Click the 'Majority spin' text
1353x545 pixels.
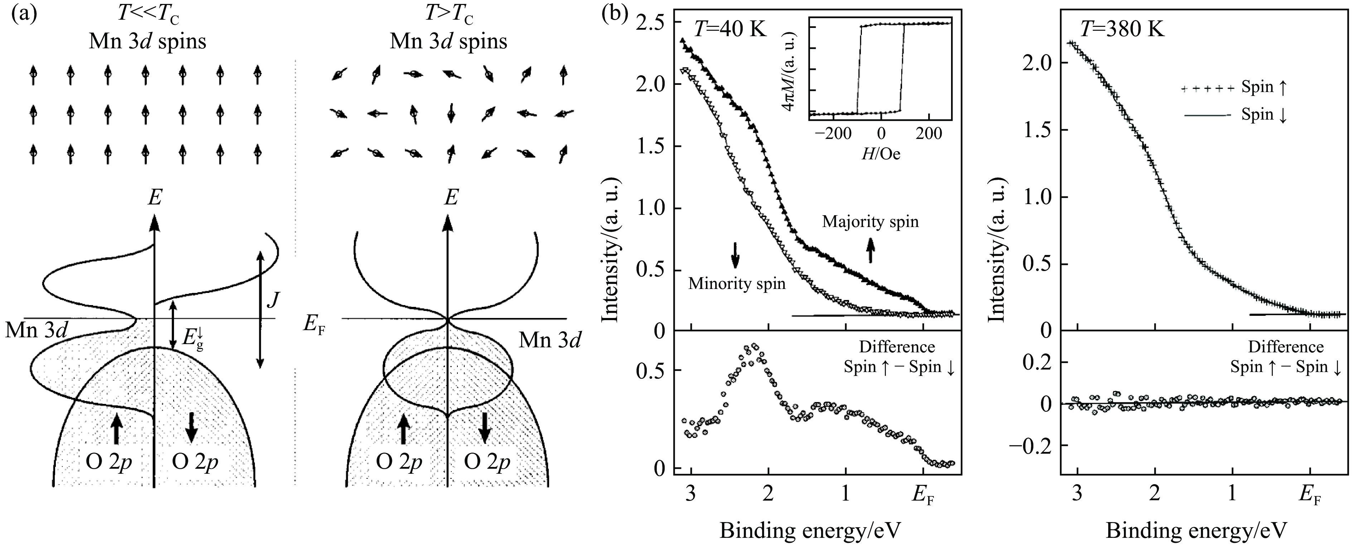click(x=870, y=221)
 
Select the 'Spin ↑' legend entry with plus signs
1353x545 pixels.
click(x=1234, y=88)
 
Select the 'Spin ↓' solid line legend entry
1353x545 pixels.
click(x=1234, y=115)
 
